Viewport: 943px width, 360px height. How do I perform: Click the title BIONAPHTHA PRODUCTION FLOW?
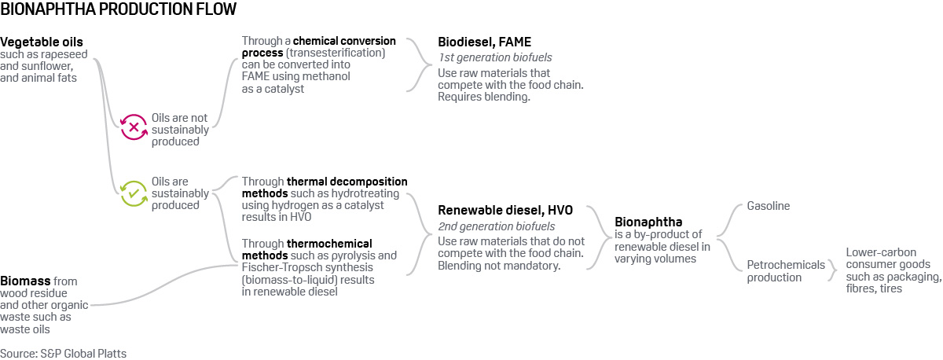pos(119,9)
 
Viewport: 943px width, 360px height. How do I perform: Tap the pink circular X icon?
pos(134,127)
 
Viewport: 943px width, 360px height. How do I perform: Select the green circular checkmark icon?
pos(134,193)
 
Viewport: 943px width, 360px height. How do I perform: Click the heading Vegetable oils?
pos(42,42)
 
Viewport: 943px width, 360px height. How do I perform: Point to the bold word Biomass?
pos(25,281)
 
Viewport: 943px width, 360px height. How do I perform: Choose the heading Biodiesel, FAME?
pos(485,42)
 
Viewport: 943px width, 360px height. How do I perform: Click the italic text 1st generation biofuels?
pos(495,57)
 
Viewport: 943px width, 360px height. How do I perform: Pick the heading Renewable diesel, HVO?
pos(505,210)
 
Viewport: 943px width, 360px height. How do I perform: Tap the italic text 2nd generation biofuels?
pos(497,226)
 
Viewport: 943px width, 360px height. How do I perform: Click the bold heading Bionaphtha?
pos(648,222)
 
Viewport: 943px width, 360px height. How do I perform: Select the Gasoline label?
pos(769,206)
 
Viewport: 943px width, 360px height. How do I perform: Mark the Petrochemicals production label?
pos(786,271)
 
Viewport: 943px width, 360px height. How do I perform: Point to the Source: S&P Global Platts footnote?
pos(63,353)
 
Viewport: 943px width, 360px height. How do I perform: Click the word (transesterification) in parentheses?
pos(336,53)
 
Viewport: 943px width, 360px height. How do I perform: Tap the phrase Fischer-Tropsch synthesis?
pos(307,267)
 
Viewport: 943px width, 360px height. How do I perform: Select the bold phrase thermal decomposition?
pos(347,182)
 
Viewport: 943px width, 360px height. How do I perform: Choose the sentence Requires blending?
pos(484,97)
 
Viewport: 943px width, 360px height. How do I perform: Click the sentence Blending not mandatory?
pos(499,266)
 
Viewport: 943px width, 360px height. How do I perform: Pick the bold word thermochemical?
pos(329,244)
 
